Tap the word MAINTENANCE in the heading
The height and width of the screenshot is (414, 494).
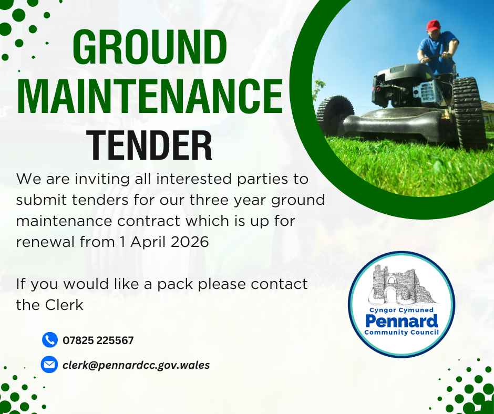coord(150,96)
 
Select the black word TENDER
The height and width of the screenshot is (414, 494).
coord(149,146)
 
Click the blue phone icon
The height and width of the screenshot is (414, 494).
coord(50,340)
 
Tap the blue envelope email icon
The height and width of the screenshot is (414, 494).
coord(49,365)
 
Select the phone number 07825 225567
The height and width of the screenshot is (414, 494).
coord(98,340)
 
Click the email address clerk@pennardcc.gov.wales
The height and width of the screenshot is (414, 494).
coord(136,365)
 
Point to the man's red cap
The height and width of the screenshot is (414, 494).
coord(434,26)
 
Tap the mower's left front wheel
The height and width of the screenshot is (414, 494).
coord(335,115)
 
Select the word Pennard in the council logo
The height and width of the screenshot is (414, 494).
coord(402,322)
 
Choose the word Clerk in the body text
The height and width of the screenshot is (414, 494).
coord(64,305)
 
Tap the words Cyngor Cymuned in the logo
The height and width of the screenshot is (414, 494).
coord(402,310)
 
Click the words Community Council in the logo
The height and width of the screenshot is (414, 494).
coord(402,333)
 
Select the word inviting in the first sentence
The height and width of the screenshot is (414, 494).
coord(102,179)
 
